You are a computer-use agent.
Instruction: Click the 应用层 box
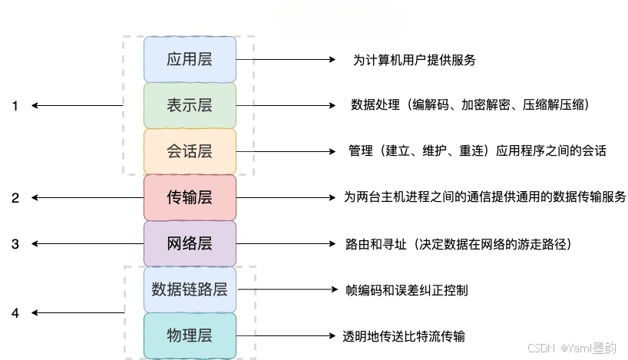tap(190, 59)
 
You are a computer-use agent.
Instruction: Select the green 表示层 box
tap(190, 105)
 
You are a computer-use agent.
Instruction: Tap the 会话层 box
tap(190, 151)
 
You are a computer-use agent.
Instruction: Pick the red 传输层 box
tap(190, 197)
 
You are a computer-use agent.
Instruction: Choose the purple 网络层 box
tap(190, 243)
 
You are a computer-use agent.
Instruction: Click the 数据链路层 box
tap(190, 289)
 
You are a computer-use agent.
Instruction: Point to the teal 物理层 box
tap(190, 335)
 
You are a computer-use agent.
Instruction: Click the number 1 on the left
tap(15, 106)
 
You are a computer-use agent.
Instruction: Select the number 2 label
tap(15, 198)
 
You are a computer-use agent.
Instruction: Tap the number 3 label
tap(15, 244)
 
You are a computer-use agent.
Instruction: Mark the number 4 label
tap(15, 313)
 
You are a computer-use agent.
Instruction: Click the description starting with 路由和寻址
tap(459, 244)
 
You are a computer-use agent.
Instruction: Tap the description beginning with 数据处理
tap(469, 105)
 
